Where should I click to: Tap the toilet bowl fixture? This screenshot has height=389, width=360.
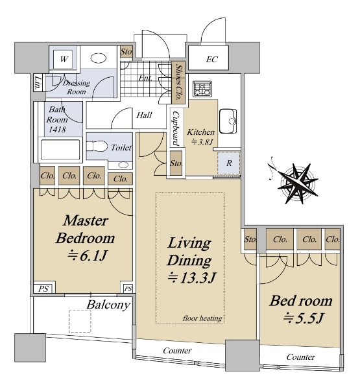click(97, 146)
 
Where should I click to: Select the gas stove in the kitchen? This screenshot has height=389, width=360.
click(202, 89)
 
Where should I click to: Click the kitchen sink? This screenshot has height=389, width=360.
click(228, 121)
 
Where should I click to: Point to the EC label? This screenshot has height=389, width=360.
click(211, 59)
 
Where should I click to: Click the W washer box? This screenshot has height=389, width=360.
click(64, 59)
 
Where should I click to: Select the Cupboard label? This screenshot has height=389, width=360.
click(176, 128)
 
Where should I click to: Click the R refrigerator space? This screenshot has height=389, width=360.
click(229, 163)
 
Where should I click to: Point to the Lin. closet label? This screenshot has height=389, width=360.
click(38, 82)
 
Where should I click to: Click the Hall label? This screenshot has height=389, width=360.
click(144, 115)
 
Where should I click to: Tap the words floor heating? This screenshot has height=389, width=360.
click(202, 318)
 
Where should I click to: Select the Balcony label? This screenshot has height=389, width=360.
click(108, 305)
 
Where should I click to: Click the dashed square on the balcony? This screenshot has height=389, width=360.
click(80, 322)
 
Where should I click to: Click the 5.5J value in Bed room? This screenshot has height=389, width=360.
click(304, 318)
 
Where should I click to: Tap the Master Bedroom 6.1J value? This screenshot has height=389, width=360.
click(88, 256)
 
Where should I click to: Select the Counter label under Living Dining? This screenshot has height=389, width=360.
click(177, 351)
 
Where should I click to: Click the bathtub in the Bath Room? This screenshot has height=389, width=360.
click(60, 150)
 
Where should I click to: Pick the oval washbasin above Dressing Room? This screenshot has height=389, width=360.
click(99, 58)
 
